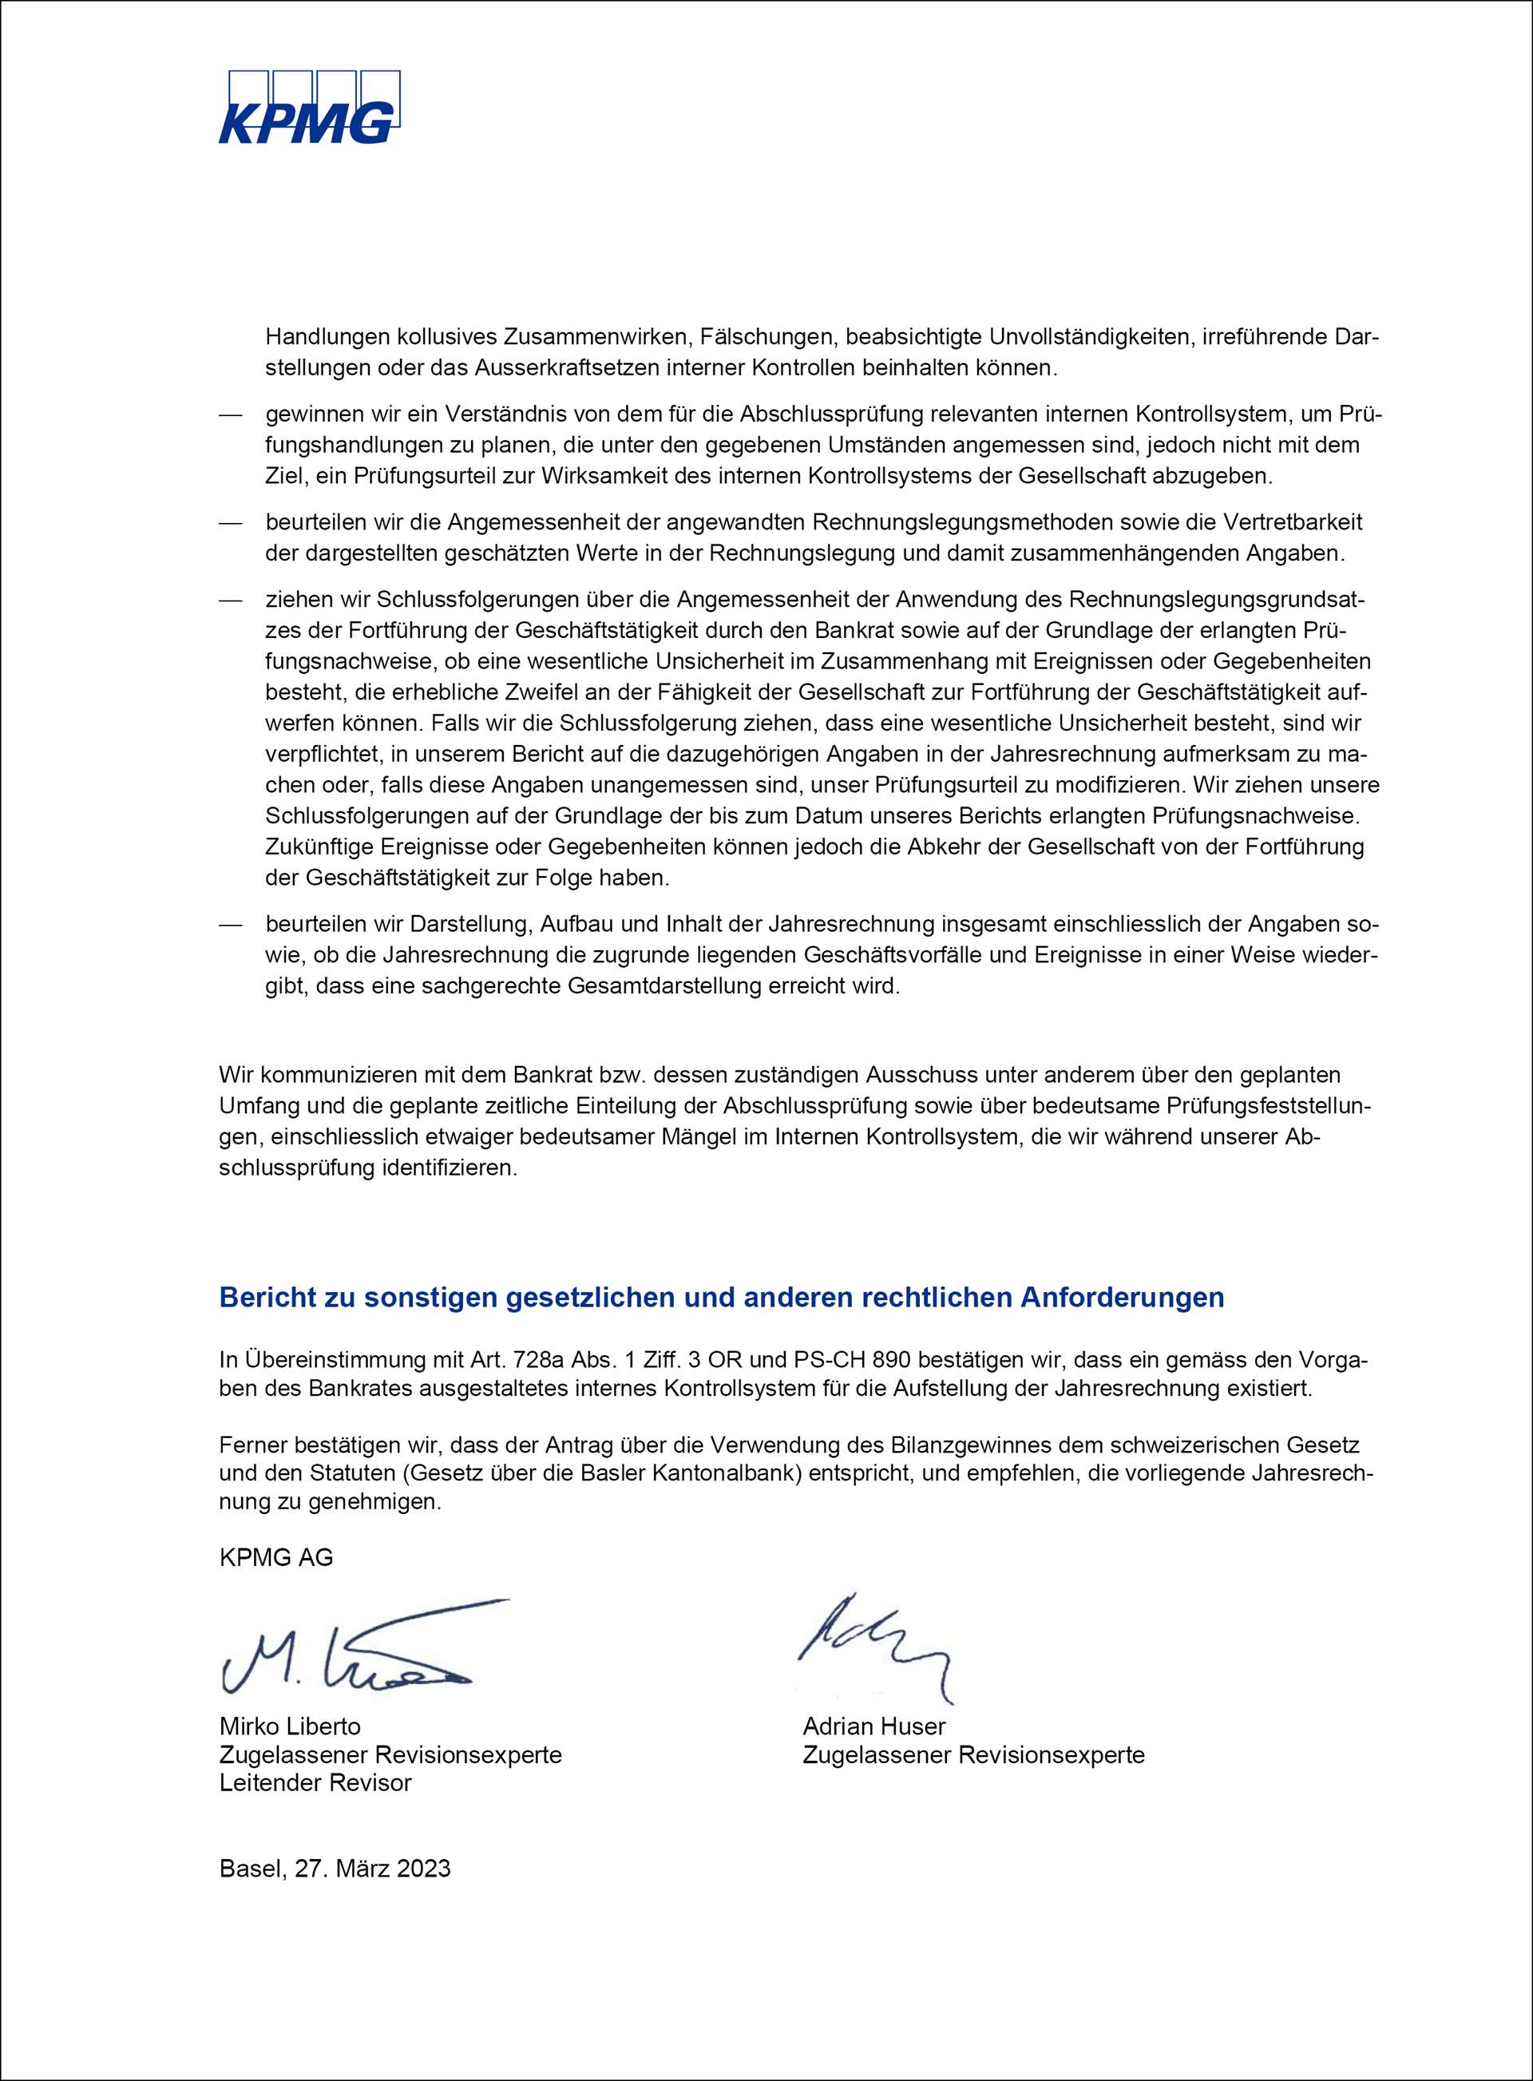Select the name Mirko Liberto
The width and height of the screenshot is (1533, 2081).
click(290, 1726)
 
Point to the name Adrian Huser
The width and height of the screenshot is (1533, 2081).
click(874, 1726)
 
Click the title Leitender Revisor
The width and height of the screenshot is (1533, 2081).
click(315, 1782)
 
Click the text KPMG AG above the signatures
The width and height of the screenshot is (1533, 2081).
click(275, 1557)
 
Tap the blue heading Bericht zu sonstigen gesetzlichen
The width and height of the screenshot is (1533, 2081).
click(721, 1298)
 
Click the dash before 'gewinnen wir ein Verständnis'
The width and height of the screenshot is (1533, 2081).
click(230, 414)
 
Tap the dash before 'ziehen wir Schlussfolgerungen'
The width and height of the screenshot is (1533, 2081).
click(230, 600)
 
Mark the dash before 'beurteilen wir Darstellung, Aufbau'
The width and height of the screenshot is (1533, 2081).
click(230, 925)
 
